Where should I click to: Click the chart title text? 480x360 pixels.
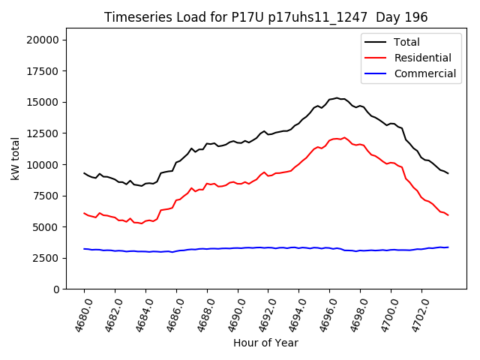[265, 17]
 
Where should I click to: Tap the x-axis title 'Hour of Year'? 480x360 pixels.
[265, 343]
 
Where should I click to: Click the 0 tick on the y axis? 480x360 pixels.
[58, 289]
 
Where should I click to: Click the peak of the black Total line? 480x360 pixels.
[337, 97]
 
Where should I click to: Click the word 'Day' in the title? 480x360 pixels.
[394, 17]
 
